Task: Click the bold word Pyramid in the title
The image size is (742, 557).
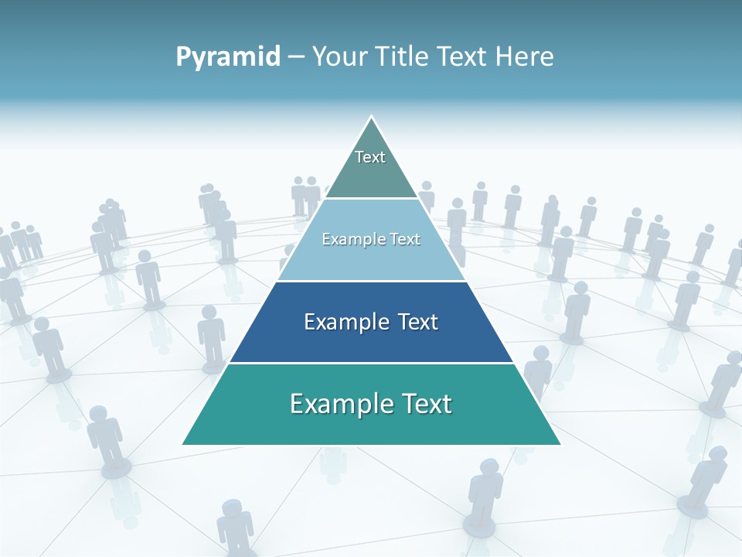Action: [x=228, y=57]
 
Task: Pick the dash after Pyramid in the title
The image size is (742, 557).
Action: [x=296, y=57]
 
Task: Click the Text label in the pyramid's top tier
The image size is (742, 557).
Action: [x=370, y=157]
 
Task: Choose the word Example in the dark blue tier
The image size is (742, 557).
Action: [x=344, y=322]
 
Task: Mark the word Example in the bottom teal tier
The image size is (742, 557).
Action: [x=336, y=404]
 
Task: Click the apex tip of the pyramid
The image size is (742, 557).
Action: [x=372, y=118]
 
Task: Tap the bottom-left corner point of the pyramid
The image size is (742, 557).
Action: [x=183, y=444]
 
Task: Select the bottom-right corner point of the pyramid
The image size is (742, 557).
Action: [x=560, y=444]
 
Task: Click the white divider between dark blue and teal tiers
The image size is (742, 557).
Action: [x=372, y=363]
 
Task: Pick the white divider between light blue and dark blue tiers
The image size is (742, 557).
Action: [x=372, y=281]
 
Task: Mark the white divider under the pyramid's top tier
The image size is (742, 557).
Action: [x=372, y=199]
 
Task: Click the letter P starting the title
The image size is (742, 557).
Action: [x=183, y=57]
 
